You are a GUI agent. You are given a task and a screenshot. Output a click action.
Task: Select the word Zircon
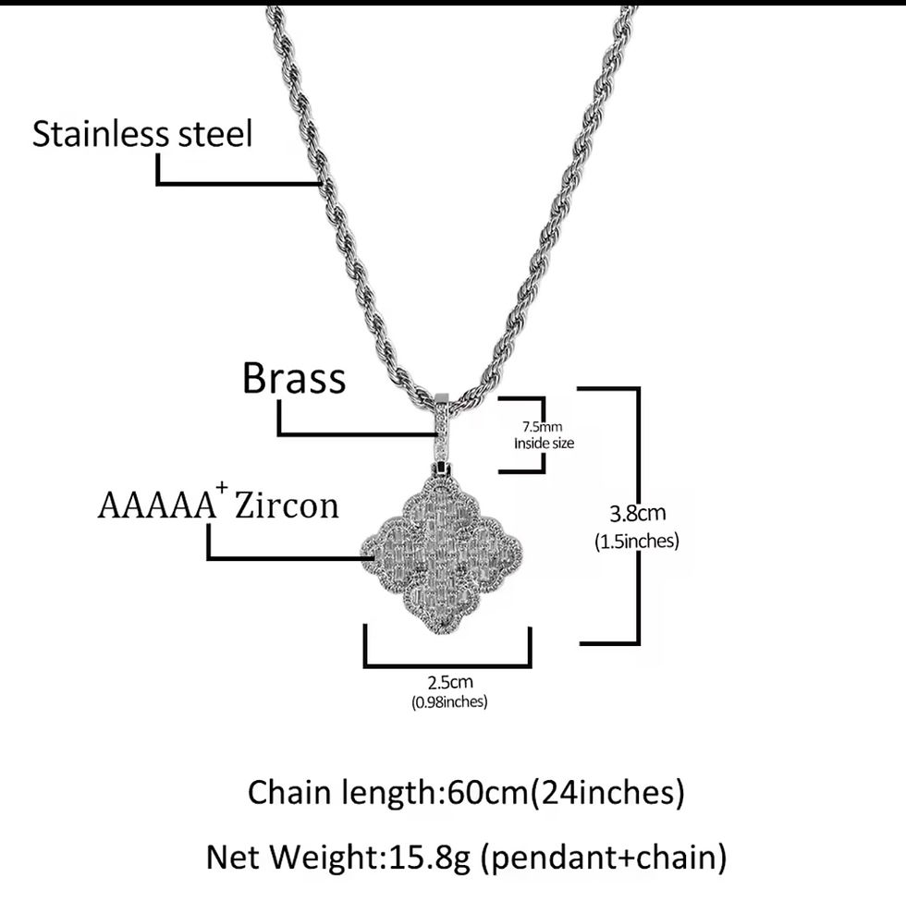pyautogui.click(x=288, y=505)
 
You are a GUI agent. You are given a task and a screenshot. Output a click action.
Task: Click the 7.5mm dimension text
pyautogui.click(x=542, y=426)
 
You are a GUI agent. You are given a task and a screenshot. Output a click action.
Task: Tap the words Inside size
pyautogui.click(x=544, y=444)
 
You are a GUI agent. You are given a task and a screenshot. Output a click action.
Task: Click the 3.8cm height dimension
pyautogui.click(x=637, y=513)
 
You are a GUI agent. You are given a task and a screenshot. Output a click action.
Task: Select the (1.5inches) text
pyautogui.click(x=637, y=541)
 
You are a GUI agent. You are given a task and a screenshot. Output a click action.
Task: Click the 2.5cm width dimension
pyautogui.click(x=450, y=683)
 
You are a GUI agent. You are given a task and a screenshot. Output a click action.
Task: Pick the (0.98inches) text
pyautogui.click(x=449, y=702)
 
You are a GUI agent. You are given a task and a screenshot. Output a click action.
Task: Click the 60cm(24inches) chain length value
pyautogui.click(x=566, y=793)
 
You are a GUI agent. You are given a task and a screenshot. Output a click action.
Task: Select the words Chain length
pyautogui.click(x=345, y=793)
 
